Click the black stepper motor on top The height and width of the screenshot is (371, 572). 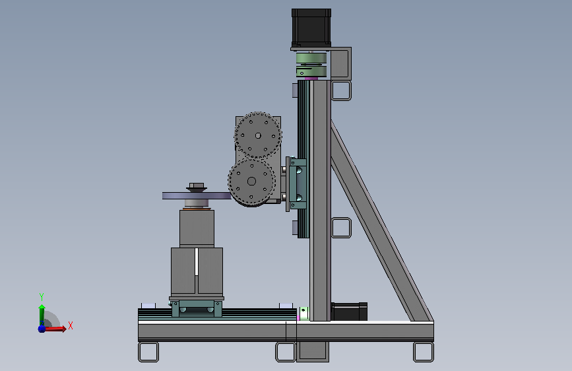311,28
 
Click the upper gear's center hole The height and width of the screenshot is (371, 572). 258,136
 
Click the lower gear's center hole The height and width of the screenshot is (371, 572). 251,181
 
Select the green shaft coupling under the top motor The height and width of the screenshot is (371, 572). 311,65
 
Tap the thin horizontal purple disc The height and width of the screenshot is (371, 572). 197,195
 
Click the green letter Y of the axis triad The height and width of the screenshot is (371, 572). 42,296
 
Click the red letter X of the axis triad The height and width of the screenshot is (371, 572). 71,325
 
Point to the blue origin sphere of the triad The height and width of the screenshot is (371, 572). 42,329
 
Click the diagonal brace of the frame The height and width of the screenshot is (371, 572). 382,221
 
